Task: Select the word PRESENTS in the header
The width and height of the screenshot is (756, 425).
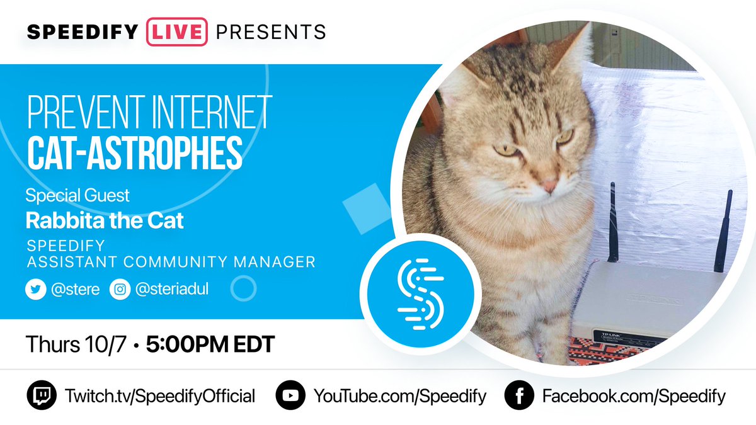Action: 270,31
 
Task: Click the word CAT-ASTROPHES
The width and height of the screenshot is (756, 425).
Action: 134,150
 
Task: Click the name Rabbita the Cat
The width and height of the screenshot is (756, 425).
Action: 105,220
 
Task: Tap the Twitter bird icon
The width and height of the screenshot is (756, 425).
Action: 34,290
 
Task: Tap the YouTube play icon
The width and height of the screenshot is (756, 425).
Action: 290,396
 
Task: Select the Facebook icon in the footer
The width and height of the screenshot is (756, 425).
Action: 518,396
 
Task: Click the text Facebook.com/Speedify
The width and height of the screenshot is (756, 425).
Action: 634,396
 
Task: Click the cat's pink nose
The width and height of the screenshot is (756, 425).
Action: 549,186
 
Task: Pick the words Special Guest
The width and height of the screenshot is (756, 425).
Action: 77,196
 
